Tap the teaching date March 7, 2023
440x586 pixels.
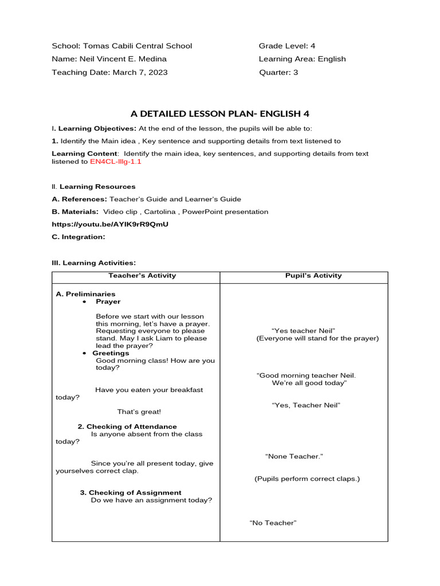pyautogui.click(x=140, y=72)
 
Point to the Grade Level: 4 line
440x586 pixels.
pyautogui.click(x=287, y=46)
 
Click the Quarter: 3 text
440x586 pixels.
pyautogui.click(x=278, y=72)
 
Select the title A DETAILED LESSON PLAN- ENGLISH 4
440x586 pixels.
pyautogui.click(x=220, y=114)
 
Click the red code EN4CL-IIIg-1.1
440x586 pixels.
pyautogui.click(x=115, y=162)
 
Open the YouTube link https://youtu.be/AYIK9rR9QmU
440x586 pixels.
pyautogui.click(x=110, y=224)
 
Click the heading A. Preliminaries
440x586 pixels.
pyautogui.click(x=85, y=294)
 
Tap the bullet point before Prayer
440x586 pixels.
pyautogui.click(x=84, y=302)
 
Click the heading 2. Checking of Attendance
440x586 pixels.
pyautogui.click(x=127, y=426)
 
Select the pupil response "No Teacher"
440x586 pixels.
pyautogui.click(x=273, y=523)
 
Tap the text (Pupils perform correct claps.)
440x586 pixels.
pyautogui.click(x=307, y=478)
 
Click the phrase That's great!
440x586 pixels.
pyautogui.click(x=139, y=411)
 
